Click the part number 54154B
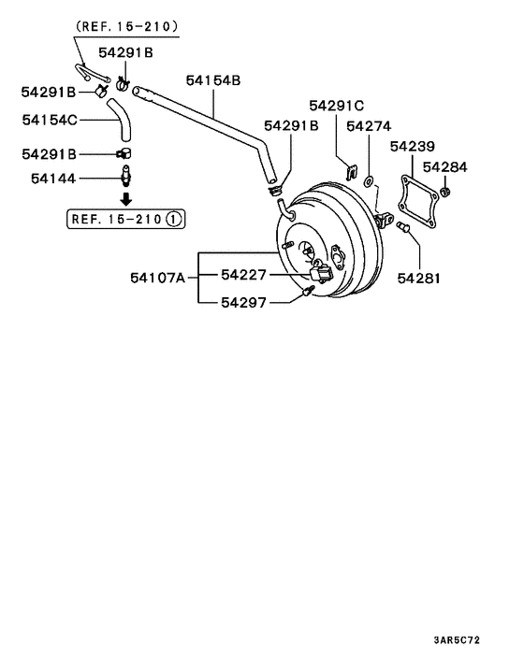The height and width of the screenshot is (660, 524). [x=213, y=81]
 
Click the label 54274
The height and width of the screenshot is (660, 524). [x=370, y=125]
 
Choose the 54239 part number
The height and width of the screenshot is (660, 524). [x=413, y=147]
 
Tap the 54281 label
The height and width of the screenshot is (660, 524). [x=420, y=278]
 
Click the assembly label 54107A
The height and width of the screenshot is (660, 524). [x=158, y=277]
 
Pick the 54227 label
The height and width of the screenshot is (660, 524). [x=244, y=275]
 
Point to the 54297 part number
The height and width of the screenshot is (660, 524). [x=244, y=302]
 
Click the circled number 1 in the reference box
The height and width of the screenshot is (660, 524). [x=174, y=221]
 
